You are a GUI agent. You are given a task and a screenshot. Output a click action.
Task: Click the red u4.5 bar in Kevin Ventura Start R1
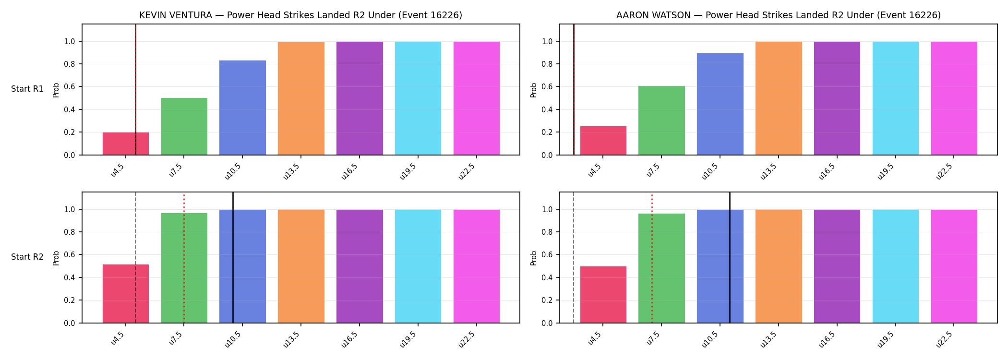126,144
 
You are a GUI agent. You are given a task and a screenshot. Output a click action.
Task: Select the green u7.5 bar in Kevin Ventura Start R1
184,126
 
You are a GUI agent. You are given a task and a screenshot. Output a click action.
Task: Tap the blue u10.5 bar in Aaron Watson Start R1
720,104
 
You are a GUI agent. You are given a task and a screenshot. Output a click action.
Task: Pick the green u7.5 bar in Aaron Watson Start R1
661,120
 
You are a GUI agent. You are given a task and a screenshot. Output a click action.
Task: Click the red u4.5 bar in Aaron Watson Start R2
603,295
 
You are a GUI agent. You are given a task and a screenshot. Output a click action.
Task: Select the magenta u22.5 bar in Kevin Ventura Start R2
477,266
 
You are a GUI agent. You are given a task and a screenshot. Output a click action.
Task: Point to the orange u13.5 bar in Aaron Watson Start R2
779,266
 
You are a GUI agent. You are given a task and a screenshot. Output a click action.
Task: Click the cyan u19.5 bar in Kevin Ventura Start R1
418,98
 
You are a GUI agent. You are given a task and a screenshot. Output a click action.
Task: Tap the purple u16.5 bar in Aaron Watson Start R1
837,98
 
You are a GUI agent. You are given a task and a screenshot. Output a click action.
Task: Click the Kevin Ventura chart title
301,15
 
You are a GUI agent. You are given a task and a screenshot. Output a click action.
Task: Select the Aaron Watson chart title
779,15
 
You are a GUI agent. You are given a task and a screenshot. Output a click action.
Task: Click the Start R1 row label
27,89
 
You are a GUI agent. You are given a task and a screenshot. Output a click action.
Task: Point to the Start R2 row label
27,257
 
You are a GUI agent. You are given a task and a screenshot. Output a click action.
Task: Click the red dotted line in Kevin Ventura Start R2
184,259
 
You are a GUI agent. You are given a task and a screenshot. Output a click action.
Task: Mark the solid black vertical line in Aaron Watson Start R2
730,258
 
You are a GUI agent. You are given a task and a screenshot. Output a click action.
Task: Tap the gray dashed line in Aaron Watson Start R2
574,258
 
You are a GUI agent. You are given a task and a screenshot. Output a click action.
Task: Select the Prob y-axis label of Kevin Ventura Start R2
56,258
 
